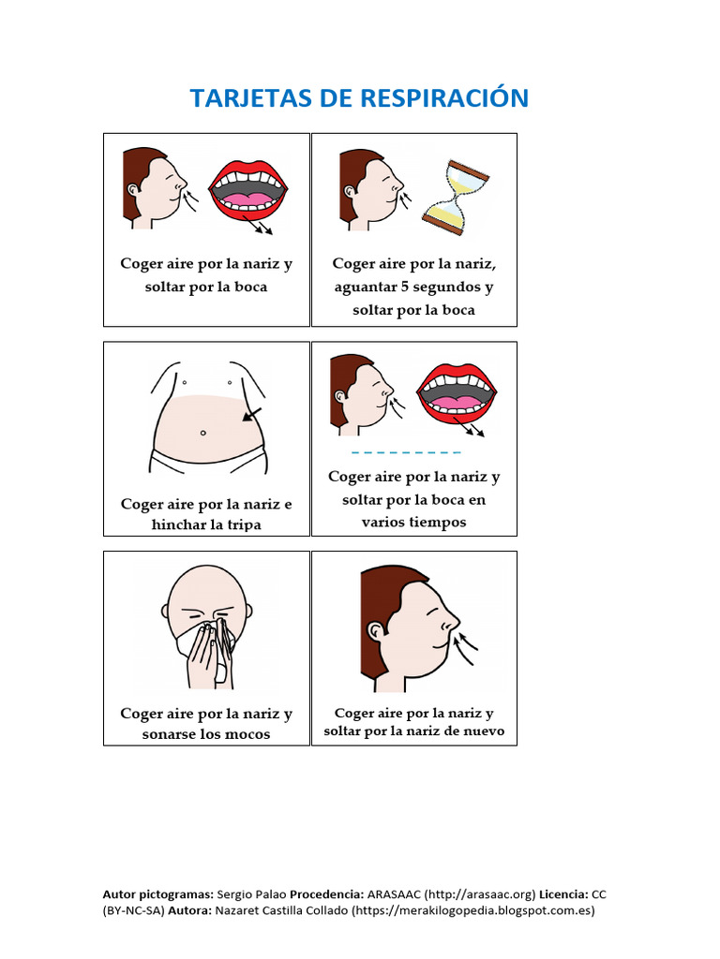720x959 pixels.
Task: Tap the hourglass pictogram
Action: (x=456, y=198)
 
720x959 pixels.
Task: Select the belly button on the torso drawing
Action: (x=202, y=433)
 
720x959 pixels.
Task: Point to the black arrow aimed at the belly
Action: (x=251, y=415)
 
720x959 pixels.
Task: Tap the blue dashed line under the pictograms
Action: (x=412, y=451)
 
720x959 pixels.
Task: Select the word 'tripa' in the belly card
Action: (x=242, y=525)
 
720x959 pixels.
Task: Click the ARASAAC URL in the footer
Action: (x=479, y=894)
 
